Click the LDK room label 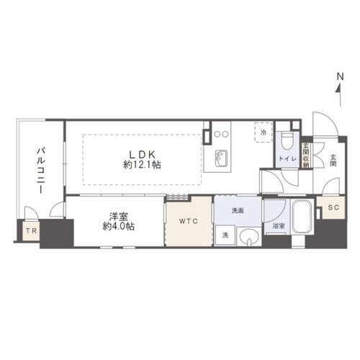point(143,153)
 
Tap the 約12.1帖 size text point(142,165)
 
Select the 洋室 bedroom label point(119,217)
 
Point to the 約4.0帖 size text point(119,226)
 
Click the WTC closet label point(189,221)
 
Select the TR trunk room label point(32,231)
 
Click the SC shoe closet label point(333,207)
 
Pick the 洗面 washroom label point(238,210)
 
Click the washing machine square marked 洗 point(225,235)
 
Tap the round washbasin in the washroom point(249,237)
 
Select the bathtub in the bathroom point(302,217)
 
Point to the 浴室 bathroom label point(279,226)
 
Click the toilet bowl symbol point(287,142)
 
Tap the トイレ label point(287,158)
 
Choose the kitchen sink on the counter point(221,158)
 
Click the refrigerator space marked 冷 point(264,132)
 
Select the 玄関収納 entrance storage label point(306,156)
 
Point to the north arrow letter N point(341,77)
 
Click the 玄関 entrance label point(333,161)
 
